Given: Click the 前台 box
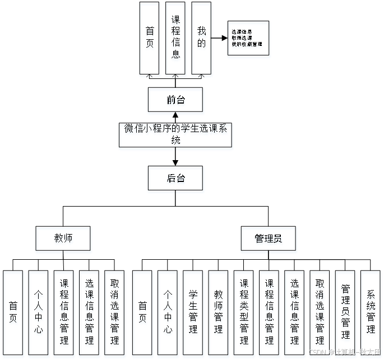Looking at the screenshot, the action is [x=175, y=101].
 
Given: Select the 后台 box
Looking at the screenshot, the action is [x=175, y=180].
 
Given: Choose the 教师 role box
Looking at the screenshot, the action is [x=63, y=240].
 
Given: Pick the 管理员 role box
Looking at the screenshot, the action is [x=269, y=240].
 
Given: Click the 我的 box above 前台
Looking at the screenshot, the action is [x=201, y=39].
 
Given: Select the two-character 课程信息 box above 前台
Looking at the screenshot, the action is [x=175, y=39].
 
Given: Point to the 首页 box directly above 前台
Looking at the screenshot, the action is [x=150, y=39].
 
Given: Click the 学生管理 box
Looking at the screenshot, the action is [x=193, y=314].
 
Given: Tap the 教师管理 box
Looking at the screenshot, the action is [x=218, y=314].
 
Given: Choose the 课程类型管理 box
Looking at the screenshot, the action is [x=244, y=314].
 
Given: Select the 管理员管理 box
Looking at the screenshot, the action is [x=345, y=314].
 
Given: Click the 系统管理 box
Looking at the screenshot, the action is [x=371, y=314].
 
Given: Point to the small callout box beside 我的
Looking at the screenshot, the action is [x=249, y=39].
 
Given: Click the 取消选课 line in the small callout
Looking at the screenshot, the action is [x=242, y=38].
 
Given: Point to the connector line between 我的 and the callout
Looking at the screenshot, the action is [x=220, y=39].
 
